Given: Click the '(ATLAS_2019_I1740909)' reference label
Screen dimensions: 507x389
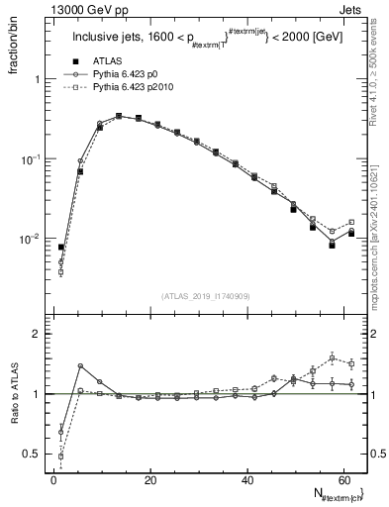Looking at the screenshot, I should [x=205, y=296].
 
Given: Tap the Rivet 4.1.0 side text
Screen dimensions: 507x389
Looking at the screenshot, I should [x=380, y=84].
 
